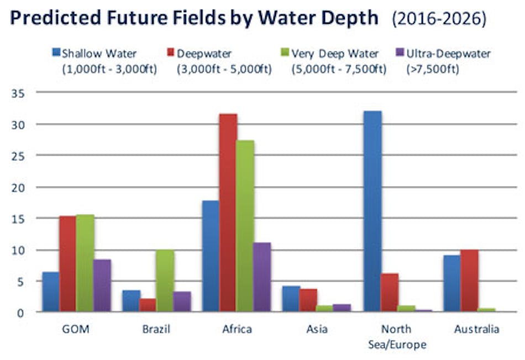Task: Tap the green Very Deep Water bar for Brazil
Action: pyautogui.click(x=165, y=281)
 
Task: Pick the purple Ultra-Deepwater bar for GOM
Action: pyautogui.click(x=102, y=286)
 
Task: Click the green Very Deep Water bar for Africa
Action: pyautogui.click(x=245, y=226)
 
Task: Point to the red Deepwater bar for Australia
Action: pyautogui.click(x=469, y=281)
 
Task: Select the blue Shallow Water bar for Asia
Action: pyautogui.click(x=291, y=299)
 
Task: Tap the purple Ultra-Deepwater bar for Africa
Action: pyautogui.click(x=262, y=277)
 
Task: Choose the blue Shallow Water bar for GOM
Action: pyautogui.click(x=51, y=292)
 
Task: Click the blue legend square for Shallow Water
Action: pyautogui.click(x=56, y=54)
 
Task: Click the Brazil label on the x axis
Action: pyautogui.click(x=156, y=330)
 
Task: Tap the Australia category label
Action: pyautogui.click(x=476, y=330)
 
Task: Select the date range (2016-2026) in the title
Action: pyautogui.click(x=439, y=20)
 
